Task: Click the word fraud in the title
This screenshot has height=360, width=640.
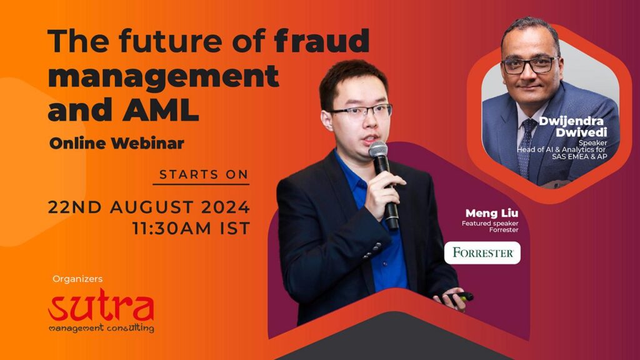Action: pos(322,41)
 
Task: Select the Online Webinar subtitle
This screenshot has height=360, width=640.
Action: pos(117,143)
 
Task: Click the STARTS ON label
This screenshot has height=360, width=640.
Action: pos(204,175)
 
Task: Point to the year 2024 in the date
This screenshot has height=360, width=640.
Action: pos(225,207)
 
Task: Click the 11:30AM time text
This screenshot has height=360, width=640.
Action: pos(173,229)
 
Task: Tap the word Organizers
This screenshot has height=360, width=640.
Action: pos(77,279)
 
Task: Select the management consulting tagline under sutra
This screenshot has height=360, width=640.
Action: pos(101,327)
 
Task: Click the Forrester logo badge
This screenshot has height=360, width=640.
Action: pos(482,252)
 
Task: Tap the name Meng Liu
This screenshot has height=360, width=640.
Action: pos(492,213)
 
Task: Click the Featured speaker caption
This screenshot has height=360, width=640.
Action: pos(490,223)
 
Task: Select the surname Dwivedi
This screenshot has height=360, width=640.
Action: pos(581,132)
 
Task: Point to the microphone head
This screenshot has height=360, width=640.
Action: pos(378,150)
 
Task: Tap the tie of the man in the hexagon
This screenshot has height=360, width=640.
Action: pos(525,147)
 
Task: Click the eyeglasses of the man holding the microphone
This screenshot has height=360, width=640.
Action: pos(361,111)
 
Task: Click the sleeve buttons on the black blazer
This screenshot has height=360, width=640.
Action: pos(372,250)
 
